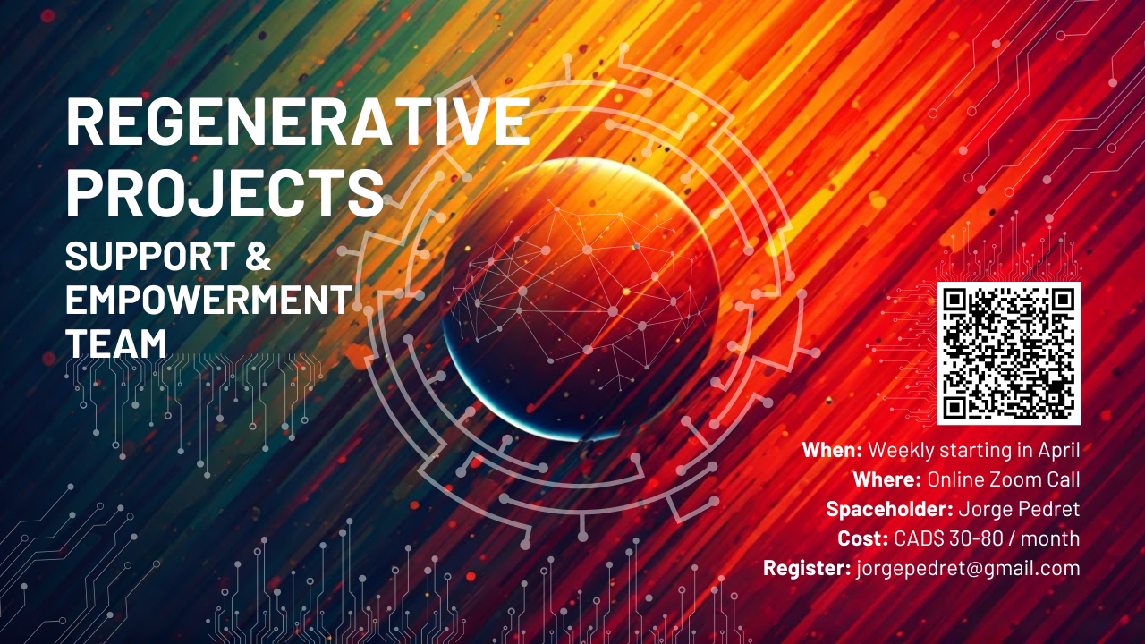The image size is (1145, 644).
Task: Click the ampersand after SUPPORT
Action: [x=256, y=258]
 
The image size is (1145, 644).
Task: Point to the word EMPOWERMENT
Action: [x=208, y=300]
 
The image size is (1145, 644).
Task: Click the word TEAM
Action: [x=116, y=343]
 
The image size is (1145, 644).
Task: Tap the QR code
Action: [x=1008, y=353]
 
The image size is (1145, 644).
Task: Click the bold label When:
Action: [x=832, y=450]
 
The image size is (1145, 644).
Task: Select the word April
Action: [x=1057, y=450]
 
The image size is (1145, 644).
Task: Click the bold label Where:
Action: [x=886, y=479]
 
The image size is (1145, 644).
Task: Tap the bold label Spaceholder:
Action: [x=888, y=509]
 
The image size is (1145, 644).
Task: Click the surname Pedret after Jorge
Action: [x=1047, y=509]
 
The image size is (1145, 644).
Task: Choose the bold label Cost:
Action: [x=862, y=538]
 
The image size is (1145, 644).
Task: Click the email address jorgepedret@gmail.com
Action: [x=968, y=569]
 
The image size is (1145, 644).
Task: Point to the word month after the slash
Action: [x=1050, y=538]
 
